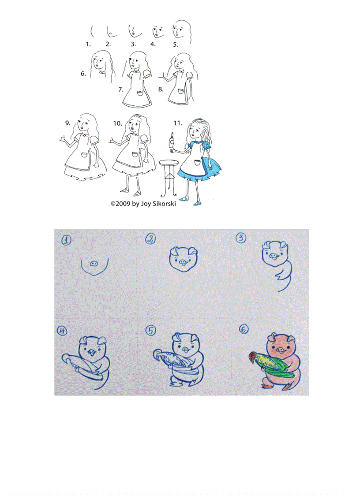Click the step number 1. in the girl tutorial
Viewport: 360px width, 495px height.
pyautogui.click(x=88, y=44)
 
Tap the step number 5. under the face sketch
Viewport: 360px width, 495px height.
pyautogui.click(x=176, y=45)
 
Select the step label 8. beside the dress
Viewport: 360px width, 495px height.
pyautogui.click(x=161, y=89)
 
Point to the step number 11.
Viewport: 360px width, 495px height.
pyautogui.click(x=178, y=123)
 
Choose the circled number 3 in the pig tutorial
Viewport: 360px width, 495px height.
pyautogui.click(x=240, y=238)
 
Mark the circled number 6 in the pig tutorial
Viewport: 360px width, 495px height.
pyautogui.click(x=243, y=329)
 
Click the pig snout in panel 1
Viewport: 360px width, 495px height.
pyautogui.click(x=94, y=263)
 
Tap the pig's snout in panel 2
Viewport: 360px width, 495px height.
pyautogui.click(x=183, y=261)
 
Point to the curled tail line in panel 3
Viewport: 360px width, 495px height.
pyautogui.click(x=282, y=282)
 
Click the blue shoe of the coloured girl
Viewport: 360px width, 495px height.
pyautogui.click(x=195, y=203)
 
